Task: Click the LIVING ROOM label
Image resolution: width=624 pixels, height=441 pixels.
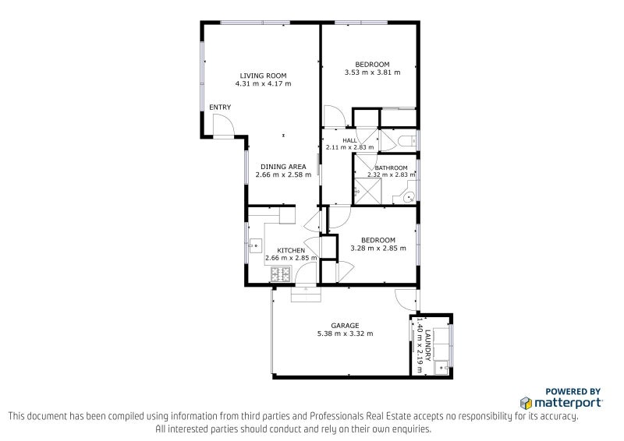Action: point(263,76)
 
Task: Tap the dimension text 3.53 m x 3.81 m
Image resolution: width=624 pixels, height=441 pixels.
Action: point(372,72)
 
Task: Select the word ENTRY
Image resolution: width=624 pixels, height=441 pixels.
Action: point(219,108)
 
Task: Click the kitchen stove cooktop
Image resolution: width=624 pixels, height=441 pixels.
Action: point(280,274)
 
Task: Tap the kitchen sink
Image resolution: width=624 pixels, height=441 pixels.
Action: point(255,243)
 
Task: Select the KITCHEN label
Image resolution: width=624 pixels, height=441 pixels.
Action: point(280,250)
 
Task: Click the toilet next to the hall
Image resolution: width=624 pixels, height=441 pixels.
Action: point(406,141)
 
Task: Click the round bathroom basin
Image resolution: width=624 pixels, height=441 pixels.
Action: point(409,199)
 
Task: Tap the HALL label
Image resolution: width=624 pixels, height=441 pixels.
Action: point(349,140)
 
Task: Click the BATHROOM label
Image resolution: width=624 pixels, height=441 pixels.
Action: point(391,168)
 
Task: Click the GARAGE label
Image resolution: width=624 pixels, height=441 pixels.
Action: point(345,326)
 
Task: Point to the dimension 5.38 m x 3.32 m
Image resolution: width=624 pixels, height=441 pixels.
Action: point(345,333)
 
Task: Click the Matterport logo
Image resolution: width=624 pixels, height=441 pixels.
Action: point(562,403)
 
